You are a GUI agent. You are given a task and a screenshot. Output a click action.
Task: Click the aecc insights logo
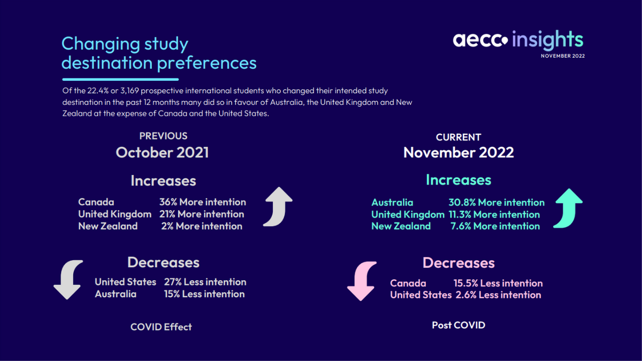point(517,40)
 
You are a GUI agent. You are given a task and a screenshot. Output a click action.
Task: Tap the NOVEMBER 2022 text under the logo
point(562,56)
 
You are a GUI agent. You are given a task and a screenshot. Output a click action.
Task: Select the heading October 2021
point(162,152)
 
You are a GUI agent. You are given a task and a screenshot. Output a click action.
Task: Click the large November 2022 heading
point(458,152)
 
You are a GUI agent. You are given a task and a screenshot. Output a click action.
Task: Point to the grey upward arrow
point(279,206)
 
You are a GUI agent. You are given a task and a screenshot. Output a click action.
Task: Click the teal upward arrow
point(568,208)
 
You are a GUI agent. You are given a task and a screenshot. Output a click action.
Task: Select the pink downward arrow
point(362,280)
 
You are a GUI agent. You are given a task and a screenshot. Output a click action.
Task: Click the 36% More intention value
point(202,202)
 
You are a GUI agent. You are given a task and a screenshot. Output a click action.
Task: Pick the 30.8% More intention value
point(496,203)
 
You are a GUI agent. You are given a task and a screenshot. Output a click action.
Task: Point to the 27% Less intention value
point(205,282)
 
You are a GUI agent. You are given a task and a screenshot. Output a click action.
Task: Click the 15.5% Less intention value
point(498,283)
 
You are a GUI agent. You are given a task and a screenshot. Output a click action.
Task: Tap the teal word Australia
point(392,203)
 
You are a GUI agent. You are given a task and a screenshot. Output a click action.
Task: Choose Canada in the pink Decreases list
point(408,283)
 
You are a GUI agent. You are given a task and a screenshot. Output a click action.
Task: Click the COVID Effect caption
point(161,327)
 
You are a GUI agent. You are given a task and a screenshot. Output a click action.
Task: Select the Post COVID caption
point(458,325)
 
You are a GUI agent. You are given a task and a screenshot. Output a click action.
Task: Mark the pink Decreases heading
point(458,263)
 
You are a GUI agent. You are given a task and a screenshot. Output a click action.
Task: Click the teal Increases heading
point(458,180)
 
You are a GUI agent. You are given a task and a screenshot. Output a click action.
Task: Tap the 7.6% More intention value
point(494,226)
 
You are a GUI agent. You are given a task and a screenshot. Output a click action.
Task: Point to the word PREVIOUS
point(163,136)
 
